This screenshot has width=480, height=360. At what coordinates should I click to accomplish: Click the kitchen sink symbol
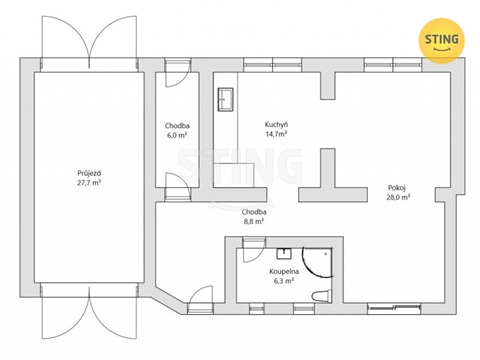point(224,99)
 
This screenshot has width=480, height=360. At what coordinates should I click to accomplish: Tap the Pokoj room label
point(398,186)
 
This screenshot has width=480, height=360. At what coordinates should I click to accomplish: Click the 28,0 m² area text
point(398,197)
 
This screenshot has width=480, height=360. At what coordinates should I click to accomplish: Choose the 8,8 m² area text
point(253,222)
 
